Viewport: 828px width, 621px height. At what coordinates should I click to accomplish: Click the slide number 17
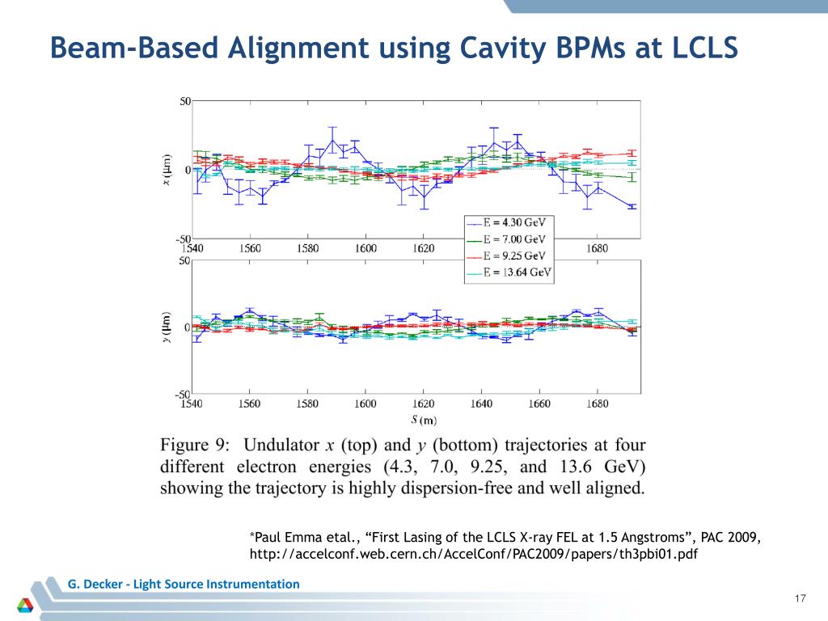801,598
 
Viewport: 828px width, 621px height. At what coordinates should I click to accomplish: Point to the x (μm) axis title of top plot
167,170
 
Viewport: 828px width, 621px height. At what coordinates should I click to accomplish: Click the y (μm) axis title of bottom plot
167,327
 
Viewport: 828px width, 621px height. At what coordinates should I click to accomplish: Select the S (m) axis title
423,419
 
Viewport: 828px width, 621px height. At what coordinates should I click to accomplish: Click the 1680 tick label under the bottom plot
597,403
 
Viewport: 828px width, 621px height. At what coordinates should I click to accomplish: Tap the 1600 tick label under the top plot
365,248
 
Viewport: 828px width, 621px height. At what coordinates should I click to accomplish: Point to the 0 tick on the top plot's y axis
188,170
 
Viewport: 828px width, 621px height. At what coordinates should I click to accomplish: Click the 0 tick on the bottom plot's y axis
188,327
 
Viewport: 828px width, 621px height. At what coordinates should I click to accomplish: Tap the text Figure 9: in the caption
194,445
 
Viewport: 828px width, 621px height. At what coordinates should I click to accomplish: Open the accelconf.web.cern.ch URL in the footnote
473,555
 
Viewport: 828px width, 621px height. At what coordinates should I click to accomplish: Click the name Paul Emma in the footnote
289,538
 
